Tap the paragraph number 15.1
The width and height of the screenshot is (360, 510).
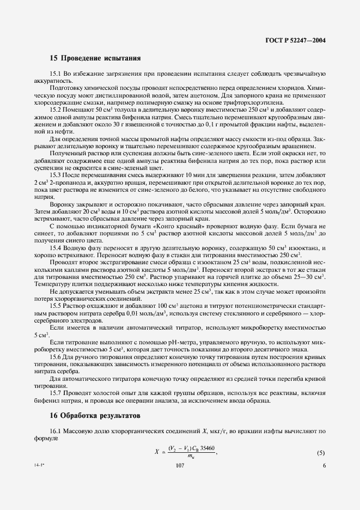pos(56,74)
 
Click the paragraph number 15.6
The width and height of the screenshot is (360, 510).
pos(56,355)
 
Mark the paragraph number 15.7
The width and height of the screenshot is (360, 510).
pos(56,392)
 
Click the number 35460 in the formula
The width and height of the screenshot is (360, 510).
pos(208,448)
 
